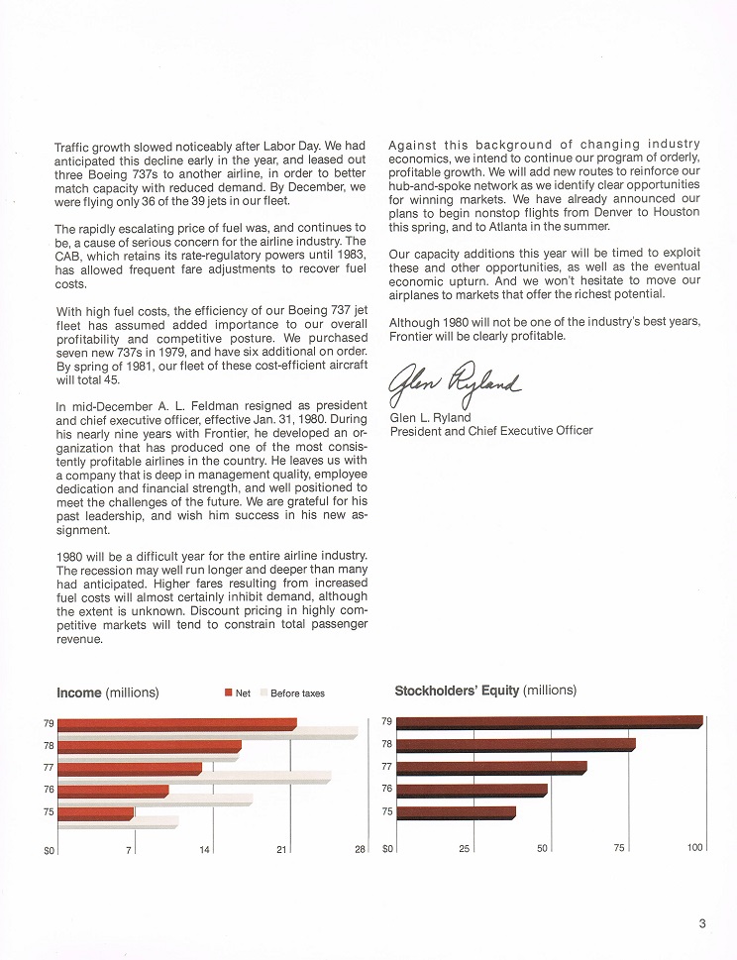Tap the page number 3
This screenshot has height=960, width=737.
tap(701, 925)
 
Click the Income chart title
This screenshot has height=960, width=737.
tap(108, 693)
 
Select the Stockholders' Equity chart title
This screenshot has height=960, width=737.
tap(485, 691)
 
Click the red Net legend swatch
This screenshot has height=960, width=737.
tap(228, 693)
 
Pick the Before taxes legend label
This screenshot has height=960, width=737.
tap(297, 693)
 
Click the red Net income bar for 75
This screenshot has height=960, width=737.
tap(95, 813)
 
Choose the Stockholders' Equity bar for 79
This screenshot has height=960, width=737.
tap(549, 722)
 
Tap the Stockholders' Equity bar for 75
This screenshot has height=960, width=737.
tap(456, 812)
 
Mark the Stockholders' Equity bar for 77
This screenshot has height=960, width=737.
tap(491, 767)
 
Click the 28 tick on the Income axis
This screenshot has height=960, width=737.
tap(361, 849)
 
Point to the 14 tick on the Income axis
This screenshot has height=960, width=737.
tap(205, 849)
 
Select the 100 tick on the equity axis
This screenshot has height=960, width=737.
tap(694, 848)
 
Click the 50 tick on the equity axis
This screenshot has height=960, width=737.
tap(542, 848)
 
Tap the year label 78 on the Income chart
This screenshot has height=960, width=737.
tap(49, 745)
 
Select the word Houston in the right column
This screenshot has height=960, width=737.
tap(675, 212)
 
